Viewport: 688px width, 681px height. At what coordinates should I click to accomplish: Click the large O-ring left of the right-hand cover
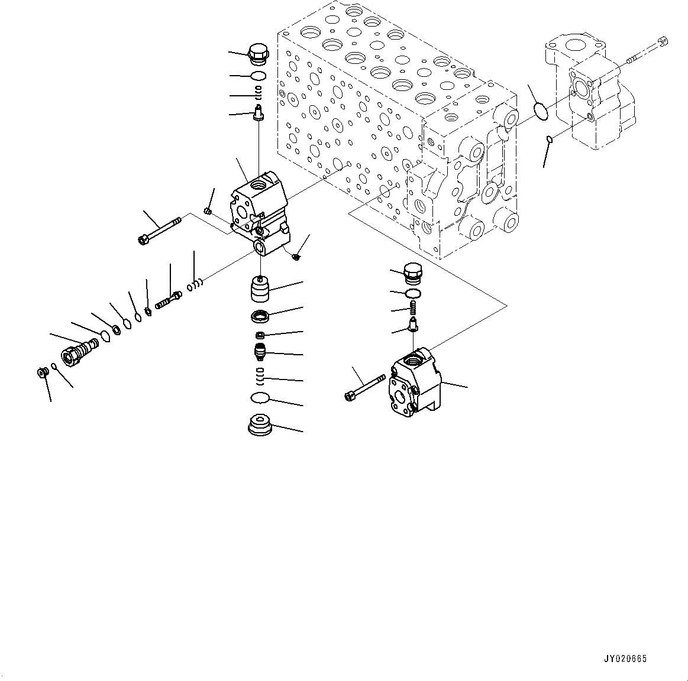542,111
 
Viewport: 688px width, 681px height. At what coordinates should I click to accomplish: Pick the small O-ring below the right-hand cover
550,140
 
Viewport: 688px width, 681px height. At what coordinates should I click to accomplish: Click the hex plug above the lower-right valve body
412,273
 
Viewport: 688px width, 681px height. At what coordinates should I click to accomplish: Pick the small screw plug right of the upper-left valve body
296,255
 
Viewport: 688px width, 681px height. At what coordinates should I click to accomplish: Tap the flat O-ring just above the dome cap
259,398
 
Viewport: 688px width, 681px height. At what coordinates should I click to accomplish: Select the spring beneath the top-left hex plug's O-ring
259,91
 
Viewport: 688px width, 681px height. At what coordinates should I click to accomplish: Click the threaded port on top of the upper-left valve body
259,186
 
